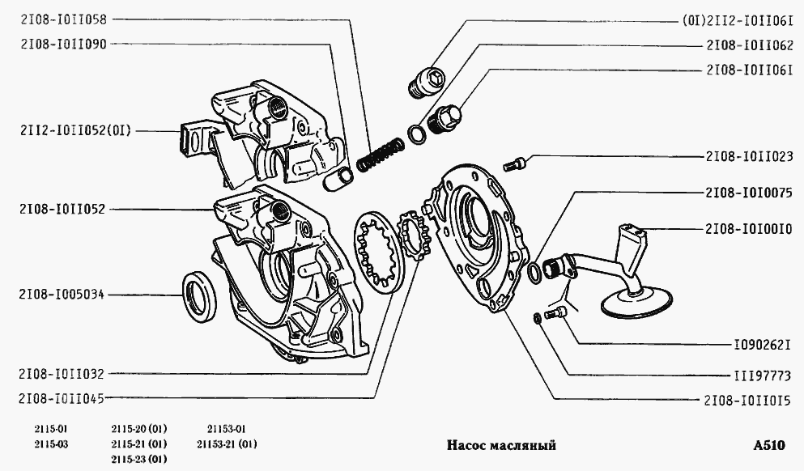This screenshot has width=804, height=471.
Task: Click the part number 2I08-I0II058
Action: tap(63, 19)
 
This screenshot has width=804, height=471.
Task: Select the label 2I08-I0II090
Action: tap(63, 44)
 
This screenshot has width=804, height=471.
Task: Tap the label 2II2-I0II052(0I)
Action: tap(76, 130)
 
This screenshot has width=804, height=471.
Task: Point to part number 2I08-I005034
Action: tap(62, 295)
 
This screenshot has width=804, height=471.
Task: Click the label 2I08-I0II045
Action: tap(62, 398)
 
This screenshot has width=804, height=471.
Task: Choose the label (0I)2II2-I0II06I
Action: tap(738, 21)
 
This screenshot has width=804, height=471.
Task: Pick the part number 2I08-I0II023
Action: tap(750, 156)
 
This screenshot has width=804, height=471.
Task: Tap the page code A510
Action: tap(769, 445)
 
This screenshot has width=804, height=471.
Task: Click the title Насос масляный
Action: tap(501, 445)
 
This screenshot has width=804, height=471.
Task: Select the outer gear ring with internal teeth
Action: tap(378, 254)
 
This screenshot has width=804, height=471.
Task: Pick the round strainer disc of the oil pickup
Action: tap(636, 302)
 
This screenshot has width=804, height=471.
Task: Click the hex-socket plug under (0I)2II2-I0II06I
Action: tap(426, 82)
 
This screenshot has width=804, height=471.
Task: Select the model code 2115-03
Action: tap(51, 443)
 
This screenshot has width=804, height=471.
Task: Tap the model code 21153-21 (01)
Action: tap(227, 443)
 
